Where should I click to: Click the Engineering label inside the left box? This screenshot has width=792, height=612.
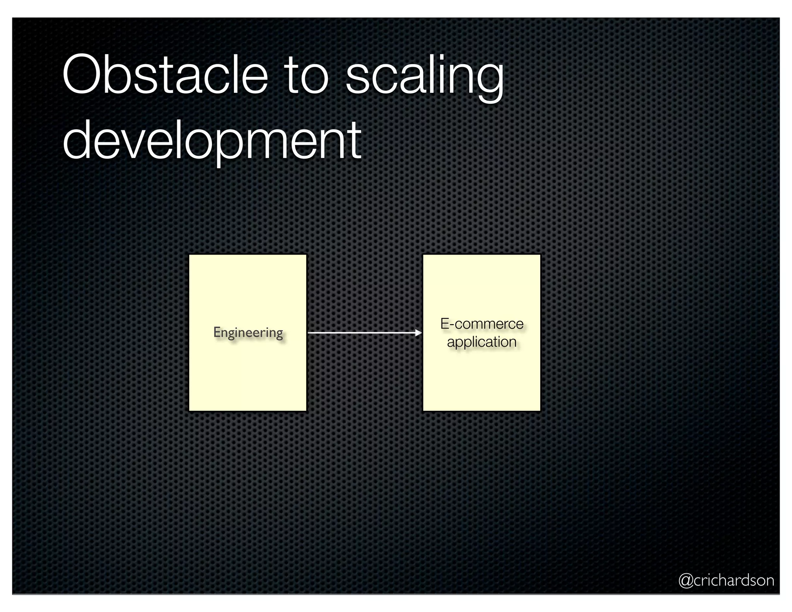click(x=248, y=333)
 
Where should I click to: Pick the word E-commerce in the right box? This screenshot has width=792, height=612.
click(x=481, y=324)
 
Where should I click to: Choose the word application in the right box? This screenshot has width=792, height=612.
click(x=481, y=342)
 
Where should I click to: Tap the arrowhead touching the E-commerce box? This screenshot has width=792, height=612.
click(x=418, y=333)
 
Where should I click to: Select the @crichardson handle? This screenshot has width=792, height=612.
click(x=726, y=580)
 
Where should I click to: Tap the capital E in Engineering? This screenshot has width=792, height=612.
click(x=217, y=332)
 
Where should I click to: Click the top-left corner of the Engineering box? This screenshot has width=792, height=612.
click(x=189, y=255)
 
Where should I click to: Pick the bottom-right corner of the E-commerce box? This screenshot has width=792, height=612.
click(x=540, y=410)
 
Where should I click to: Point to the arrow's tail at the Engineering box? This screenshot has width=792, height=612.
click(x=309, y=333)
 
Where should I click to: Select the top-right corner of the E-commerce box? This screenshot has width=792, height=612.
click(x=540, y=255)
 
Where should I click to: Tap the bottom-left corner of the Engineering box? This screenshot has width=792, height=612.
click(x=189, y=410)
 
